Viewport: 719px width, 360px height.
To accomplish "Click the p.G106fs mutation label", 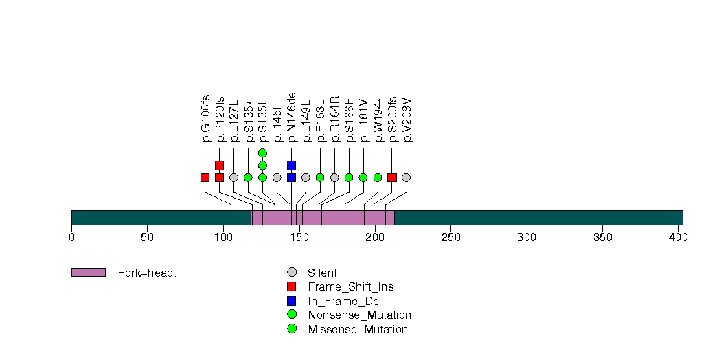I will click(205, 118).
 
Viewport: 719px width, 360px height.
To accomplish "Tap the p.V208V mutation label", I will click(407, 120).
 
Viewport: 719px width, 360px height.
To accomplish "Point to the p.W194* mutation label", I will click(378, 120).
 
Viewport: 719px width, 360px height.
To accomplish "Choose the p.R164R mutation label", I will click(334, 119).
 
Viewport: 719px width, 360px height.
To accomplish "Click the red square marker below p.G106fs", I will click(205, 177).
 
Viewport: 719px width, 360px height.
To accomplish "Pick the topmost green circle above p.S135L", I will click(262, 153).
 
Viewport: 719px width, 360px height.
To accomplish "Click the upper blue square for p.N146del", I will click(291, 166).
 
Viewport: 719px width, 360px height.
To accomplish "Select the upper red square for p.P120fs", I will click(219, 166).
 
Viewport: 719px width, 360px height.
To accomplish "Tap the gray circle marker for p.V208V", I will click(407, 177).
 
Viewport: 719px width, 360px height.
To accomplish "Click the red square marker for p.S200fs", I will click(392, 177).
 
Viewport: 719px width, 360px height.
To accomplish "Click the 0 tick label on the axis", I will click(71, 238).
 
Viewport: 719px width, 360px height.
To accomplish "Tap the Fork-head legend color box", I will click(88, 273).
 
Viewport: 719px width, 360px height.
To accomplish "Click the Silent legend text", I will click(322, 273).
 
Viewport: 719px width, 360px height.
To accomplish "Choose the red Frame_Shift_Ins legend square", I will click(292, 286).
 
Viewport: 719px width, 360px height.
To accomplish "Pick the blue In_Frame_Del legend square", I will click(292, 301).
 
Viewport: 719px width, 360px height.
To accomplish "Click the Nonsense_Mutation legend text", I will click(359, 315).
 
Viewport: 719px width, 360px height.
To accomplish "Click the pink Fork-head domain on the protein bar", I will click(323, 217).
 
